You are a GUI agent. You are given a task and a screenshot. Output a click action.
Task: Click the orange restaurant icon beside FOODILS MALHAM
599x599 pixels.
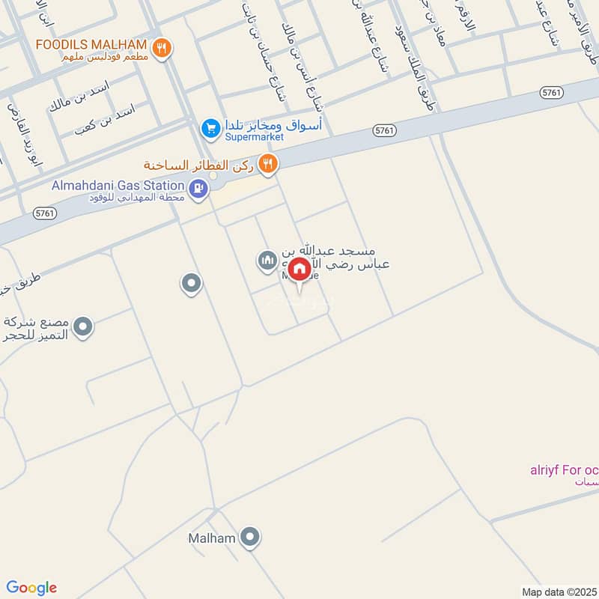pos(161,49)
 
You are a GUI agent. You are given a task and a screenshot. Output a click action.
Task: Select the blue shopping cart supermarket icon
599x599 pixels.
pos(210,129)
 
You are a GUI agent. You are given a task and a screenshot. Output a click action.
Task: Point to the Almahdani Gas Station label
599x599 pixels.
pos(118,185)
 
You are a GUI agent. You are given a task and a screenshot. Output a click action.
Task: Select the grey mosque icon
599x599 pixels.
pos(266,261)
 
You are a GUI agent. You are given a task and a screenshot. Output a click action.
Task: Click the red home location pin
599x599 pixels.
pos(299,270)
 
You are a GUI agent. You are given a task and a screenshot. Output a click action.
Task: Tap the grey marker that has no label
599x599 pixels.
pos(191,284)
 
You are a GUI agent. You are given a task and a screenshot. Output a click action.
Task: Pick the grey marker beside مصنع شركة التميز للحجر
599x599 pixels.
pos(84,326)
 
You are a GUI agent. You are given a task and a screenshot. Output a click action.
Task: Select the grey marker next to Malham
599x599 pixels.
pos(251,537)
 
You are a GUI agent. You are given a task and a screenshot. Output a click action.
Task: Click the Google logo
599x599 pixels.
pos(31,587)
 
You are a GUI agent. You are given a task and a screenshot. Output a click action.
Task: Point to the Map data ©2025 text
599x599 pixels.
pos(559,592)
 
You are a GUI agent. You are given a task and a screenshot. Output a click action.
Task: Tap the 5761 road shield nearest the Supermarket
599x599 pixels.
pos(383,131)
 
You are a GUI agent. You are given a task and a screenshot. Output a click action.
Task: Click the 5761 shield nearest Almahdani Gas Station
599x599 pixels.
pos(45,213)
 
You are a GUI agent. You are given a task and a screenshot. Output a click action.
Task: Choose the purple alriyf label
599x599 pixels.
pos(562,471)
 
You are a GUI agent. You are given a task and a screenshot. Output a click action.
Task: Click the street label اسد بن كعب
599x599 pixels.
pos(105,119)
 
